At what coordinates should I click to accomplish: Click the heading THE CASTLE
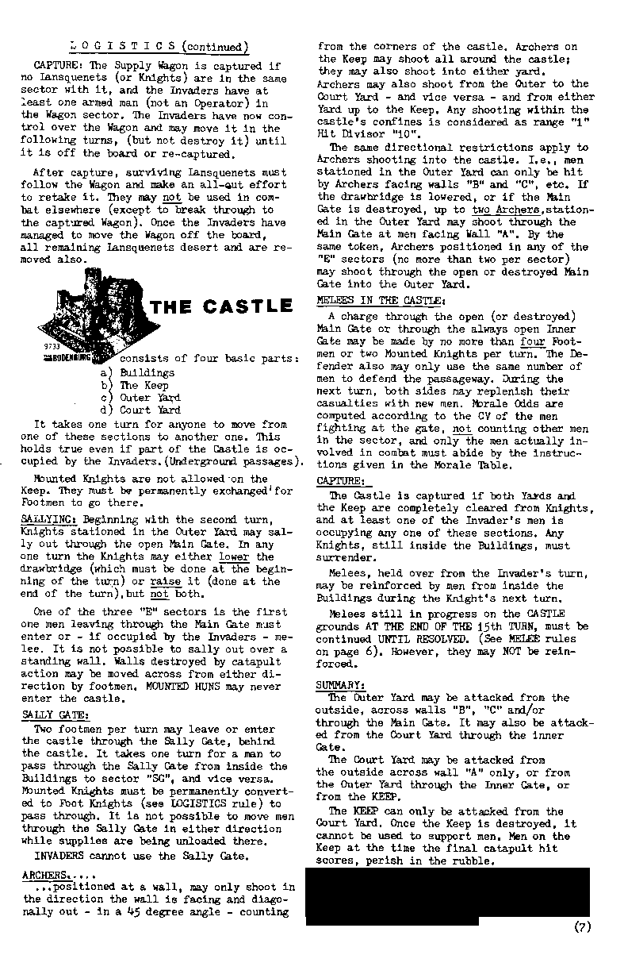(221, 306)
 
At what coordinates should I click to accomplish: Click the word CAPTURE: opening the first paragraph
(53, 64)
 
